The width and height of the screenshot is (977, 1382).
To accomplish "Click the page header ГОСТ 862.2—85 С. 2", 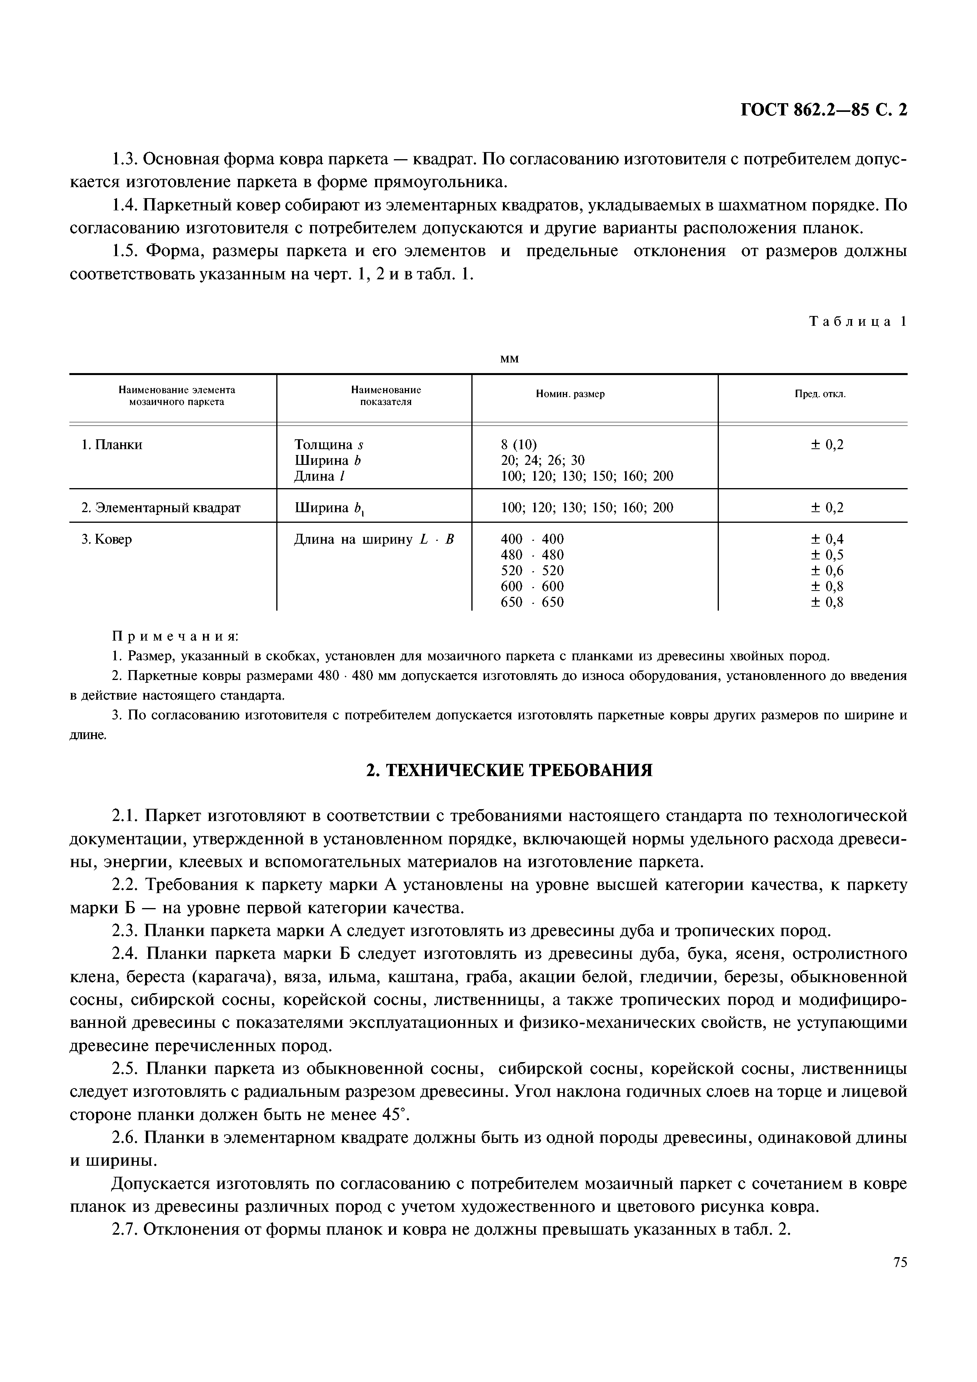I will [823, 110].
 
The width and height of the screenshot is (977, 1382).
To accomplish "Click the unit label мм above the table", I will [509, 359].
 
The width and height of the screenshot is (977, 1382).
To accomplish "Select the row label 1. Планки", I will [112, 445].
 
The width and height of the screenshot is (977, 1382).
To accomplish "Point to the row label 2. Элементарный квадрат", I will [161, 507].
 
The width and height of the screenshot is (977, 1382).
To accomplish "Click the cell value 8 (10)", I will [518, 445].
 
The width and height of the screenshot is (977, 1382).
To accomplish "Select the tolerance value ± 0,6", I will [827, 570].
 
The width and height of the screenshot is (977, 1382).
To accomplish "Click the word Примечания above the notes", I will [176, 636].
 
